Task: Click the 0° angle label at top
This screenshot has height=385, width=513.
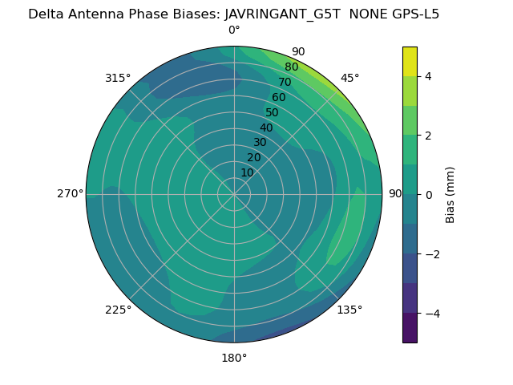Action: pyautogui.click(x=234, y=30)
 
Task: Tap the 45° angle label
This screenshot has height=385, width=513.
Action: pyautogui.click(x=349, y=78)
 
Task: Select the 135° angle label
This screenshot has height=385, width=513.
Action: pyautogui.click(x=349, y=310)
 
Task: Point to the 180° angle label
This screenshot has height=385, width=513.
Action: pyautogui.click(x=234, y=358)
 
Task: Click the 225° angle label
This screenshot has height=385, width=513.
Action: pyautogui.click(x=118, y=310)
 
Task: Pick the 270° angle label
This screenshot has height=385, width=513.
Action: pyautogui.click(x=70, y=193)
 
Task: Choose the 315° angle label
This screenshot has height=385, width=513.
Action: pyautogui.click(x=118, y=78)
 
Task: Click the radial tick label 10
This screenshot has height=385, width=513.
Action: pyautogui.click(x=247, y=172)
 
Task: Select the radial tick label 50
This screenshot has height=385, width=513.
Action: pyautogui.click(x=272, y=113)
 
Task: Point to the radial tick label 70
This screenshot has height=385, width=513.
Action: pyautogui.click(x=285, y=82)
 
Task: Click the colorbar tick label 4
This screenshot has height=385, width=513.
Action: pyautogui.click(x=428, y=76)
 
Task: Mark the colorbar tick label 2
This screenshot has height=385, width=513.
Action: pyautogui.click(x=428, y=136)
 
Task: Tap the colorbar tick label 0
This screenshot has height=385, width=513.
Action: pyautogui.click(x=428, y=195)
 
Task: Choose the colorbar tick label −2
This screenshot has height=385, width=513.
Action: pyautogui.click(x=431, y=254)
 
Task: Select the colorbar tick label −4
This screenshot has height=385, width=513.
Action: pyautogui.click(x=431, y=314)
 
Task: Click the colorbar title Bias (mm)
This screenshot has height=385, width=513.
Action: pyautogui.click(x=450, y=195)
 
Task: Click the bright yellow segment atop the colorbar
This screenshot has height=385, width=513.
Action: pyautogui.click(x=410, y=61)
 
